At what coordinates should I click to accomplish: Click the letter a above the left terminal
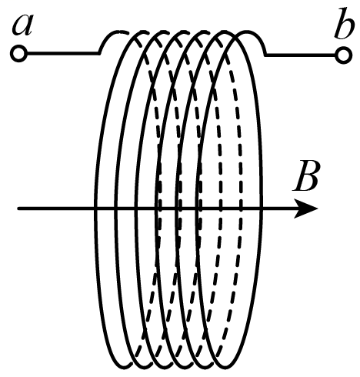(22, 25)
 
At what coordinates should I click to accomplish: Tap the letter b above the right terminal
(344, 24)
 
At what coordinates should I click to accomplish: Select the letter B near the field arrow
(306, 176)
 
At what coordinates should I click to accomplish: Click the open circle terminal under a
(18, 54)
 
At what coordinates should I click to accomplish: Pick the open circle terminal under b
(344, 55)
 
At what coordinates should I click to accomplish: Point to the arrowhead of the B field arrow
(305, 209)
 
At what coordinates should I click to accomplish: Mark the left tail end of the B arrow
(18, 209)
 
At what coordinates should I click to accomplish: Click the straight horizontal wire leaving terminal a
(63, 54)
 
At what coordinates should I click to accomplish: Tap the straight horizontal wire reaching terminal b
(301, 55)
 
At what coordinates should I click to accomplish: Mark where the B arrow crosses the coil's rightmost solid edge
(261, 209)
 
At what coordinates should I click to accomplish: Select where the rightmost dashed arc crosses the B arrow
(241, 209)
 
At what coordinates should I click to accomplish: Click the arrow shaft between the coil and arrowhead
(278, 209)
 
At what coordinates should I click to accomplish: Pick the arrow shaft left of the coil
(56, 209)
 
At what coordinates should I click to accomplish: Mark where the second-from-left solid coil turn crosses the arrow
(116, 209)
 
